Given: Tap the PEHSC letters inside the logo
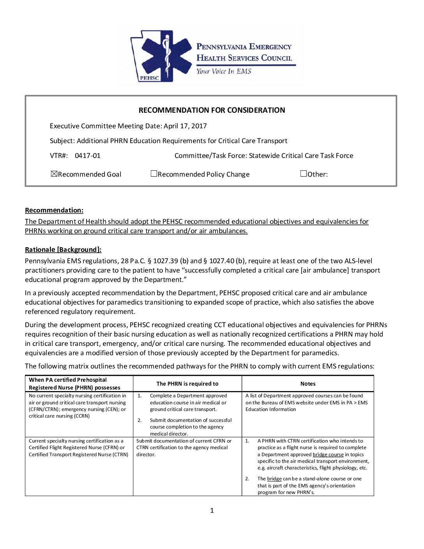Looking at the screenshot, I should coord(149,78).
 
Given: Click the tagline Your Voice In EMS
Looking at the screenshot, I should coord(224,71).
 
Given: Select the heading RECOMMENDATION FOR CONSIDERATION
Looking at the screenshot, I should coord(212,110).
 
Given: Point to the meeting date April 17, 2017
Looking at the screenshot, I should coord(185,126).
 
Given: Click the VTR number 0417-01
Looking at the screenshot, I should coord(87,156).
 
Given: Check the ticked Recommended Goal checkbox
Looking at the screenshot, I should coord(54,174).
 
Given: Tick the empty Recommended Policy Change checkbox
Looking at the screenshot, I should coord(154,174).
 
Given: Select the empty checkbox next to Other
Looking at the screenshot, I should coord(304,174).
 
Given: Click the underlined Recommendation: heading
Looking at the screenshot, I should coord(54,210).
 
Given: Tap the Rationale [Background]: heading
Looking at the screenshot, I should coord(63,250).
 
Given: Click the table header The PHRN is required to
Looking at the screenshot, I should coord(187,384).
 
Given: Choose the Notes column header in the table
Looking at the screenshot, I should coord(308,384).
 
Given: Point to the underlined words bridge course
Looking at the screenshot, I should coord(328,455).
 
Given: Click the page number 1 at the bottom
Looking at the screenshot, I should coord(212,510).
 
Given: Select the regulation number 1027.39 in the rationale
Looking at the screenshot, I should coord(166,261).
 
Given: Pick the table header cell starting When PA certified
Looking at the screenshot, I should coord(74,384).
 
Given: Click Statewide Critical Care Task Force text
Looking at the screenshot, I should coord(301,156).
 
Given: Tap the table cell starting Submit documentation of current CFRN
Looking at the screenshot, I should coord(184,448).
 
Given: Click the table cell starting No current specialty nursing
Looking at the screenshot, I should coord(78,406).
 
